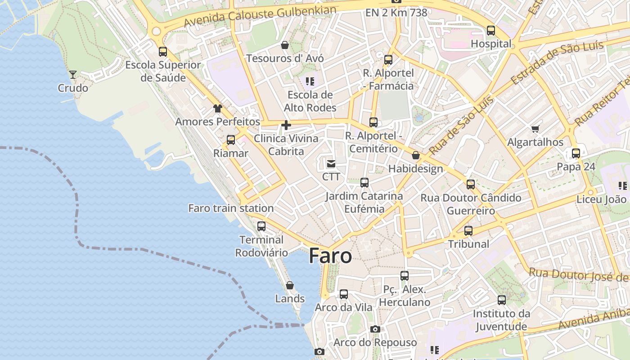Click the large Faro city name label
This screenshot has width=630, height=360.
(x=330, y=256)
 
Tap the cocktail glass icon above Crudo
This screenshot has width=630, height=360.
(x=73, y=74)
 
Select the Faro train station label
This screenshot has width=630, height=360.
(x=231, y=208)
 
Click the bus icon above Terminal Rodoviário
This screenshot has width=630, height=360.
(x=261, y=226)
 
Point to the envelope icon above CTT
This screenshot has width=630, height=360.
(x=331, y=164)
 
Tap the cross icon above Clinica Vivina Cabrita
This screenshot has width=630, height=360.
(x=286, y=125)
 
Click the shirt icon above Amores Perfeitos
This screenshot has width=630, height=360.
(x=218, y=108)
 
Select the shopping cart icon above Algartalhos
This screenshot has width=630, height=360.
(x=535, y=129)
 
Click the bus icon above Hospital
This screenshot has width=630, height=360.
(x=491, y=31)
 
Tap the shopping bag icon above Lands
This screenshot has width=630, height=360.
(x=290, y=285)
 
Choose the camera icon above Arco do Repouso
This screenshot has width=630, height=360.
(x=375, y=329)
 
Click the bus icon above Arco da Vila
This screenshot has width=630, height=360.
(x=344, y=294)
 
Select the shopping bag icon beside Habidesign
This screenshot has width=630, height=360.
(x=416, y=156)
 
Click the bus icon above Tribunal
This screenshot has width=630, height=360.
(x=468, y=231)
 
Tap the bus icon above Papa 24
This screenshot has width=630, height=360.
(x=576, y=153)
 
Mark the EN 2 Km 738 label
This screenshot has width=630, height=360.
(x=396, y=13)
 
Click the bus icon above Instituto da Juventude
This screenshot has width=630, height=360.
(x=502, y=300)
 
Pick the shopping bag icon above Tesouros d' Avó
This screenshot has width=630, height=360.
(x=285, y=45)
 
